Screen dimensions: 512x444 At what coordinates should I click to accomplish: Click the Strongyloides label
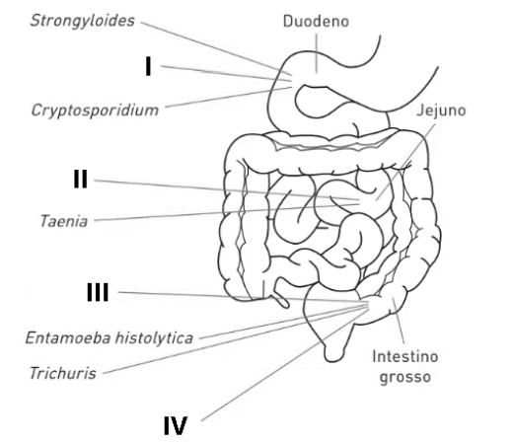[83, 21]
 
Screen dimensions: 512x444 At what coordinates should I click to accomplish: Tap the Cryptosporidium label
[95, 111]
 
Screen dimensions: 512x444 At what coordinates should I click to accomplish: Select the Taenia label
[64, 221]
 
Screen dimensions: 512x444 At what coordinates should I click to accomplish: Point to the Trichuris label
[63, 373]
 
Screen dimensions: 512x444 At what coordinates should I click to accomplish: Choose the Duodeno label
[316, 22]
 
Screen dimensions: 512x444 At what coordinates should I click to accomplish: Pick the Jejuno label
[441, 111]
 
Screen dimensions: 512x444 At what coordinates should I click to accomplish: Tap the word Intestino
[404, 356]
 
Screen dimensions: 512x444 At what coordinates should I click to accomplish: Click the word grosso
[404, 377]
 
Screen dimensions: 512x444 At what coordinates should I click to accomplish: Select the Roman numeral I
[148, 66]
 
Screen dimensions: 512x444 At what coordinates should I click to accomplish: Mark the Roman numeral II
[81, 180]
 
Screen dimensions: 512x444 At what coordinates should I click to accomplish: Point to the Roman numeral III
[98, 292]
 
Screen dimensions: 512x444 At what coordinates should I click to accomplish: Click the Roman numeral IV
[176, 425]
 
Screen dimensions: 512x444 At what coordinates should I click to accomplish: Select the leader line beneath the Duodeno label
[317, 53]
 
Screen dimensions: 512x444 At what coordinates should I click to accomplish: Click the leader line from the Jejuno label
[406, 162]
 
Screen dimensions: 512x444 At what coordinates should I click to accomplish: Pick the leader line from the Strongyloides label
[216, 47]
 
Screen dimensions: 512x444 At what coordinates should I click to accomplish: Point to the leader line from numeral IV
[285, 365]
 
